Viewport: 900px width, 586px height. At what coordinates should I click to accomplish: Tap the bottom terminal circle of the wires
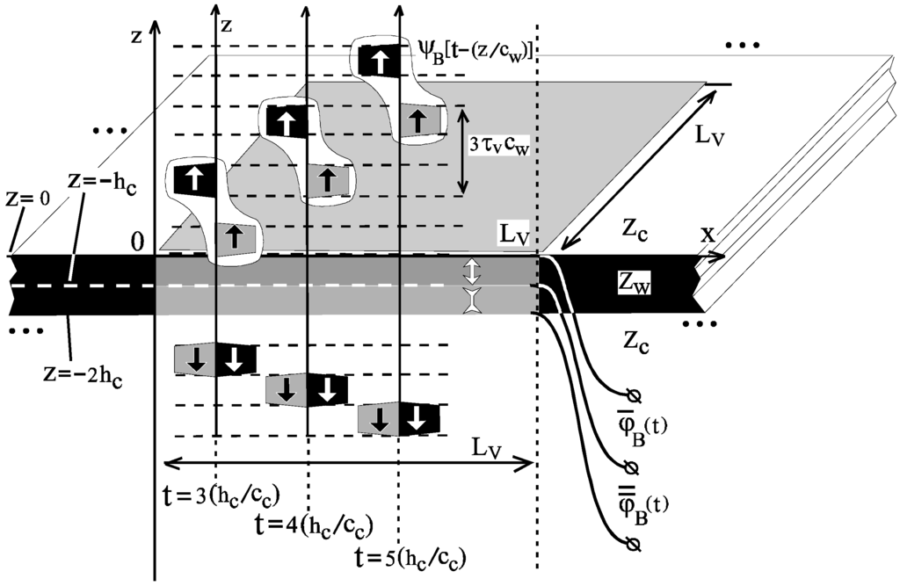pyautogui.click(x=629, y=546)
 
